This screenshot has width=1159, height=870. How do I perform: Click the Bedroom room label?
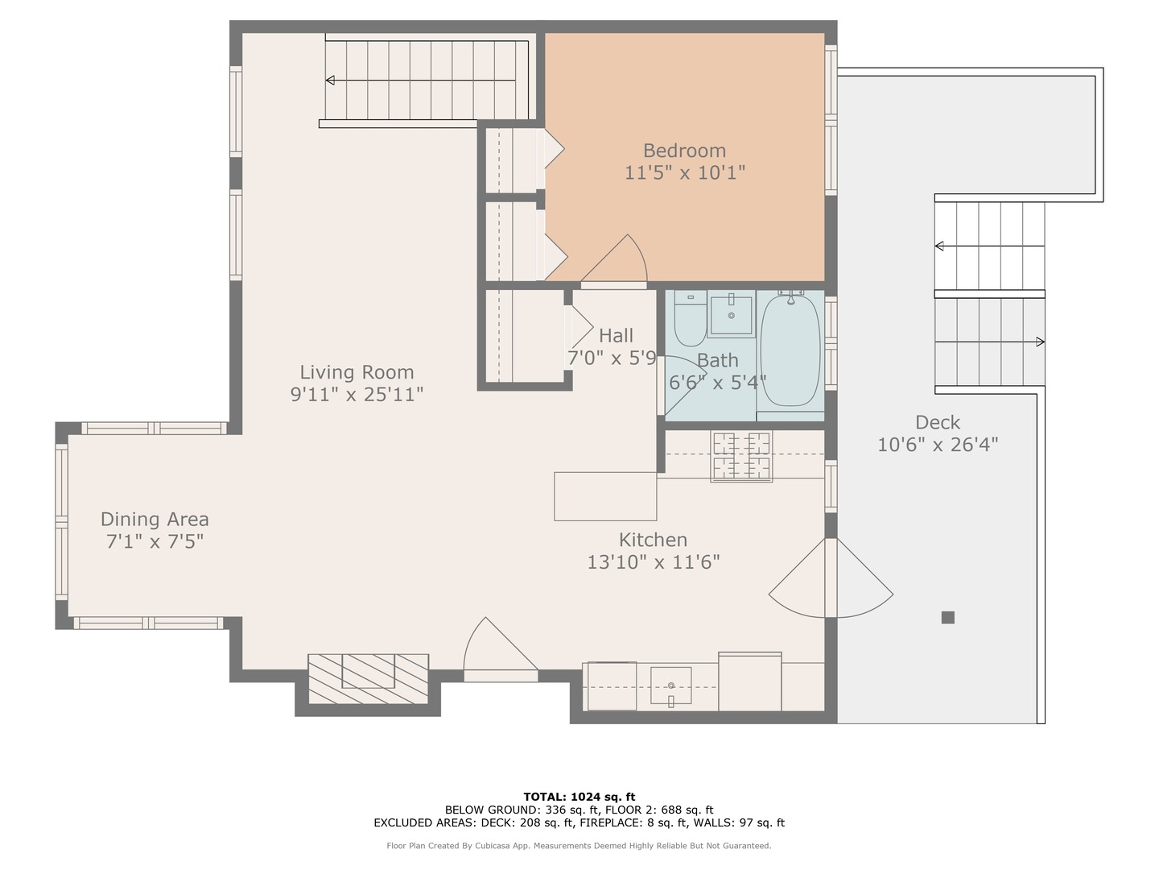coord(684,151)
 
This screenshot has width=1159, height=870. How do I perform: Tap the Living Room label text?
coord(357,372)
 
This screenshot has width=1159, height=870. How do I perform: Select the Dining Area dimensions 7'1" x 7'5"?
coord(155,541)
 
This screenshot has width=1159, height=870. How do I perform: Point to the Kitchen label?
coord(653,540)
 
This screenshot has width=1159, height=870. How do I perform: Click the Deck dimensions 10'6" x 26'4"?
coord(938,445)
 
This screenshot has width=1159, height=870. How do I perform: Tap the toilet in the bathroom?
coord(690,321)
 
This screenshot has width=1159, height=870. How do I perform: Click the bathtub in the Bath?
coord(790,351)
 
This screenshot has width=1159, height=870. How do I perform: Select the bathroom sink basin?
coord(732,315)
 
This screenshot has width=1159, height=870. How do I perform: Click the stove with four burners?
coord(740,457)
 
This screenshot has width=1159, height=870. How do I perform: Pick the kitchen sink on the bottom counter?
coord(670,686)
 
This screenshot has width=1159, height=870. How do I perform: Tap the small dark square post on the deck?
coord(948,618)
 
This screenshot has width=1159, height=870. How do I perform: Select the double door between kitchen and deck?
coord(831,578)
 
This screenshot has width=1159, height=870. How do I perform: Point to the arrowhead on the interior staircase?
coord(330,80)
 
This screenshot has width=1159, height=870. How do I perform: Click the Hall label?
coord(616,336)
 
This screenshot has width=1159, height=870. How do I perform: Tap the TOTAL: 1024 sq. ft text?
coord(579,797)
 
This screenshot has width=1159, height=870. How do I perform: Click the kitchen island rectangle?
coord(605,496)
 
